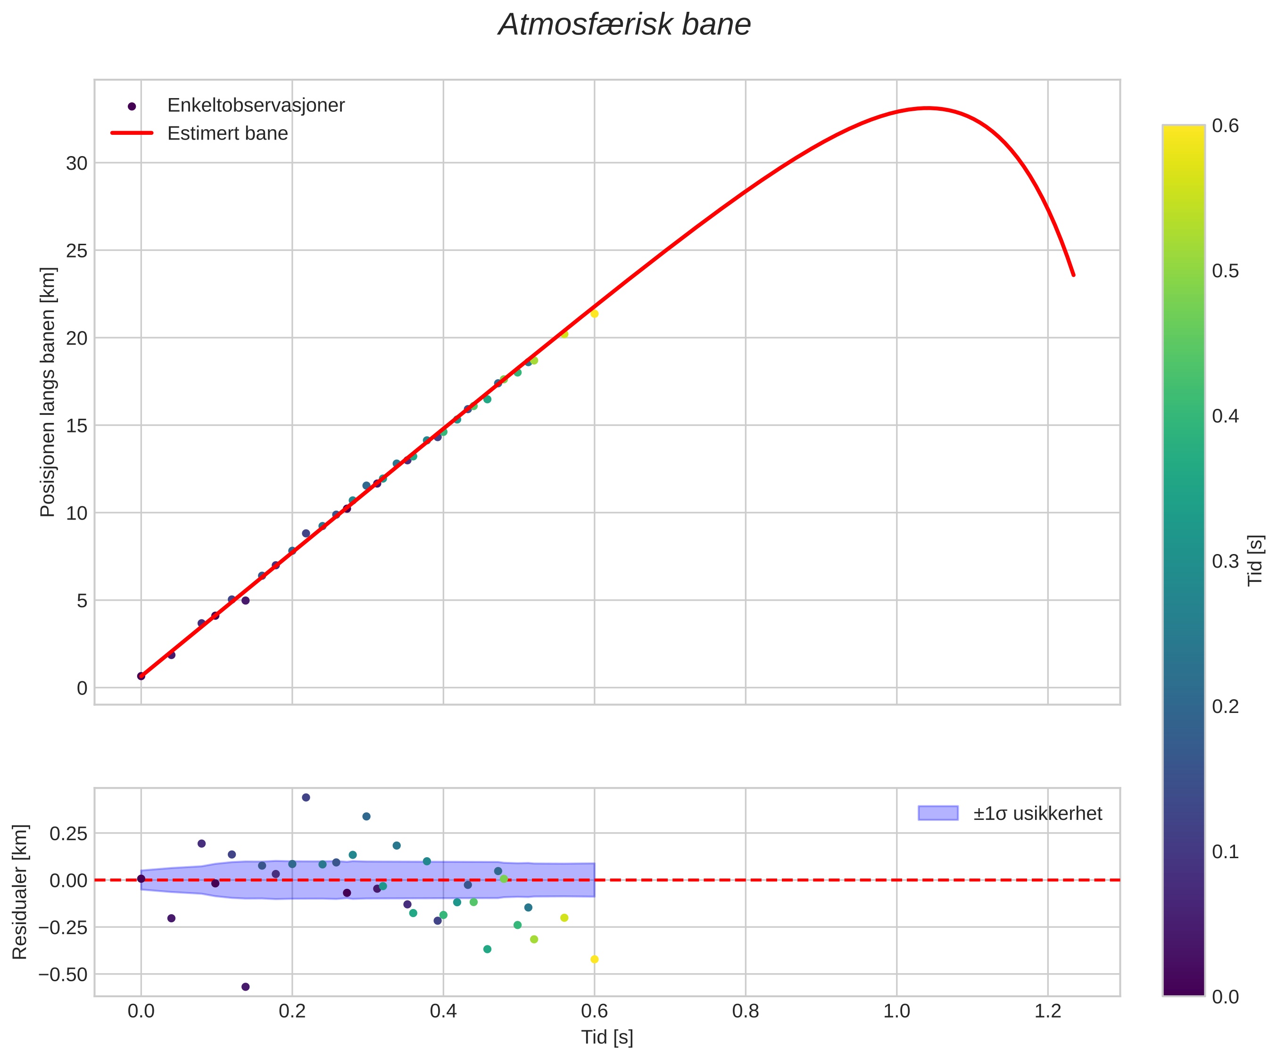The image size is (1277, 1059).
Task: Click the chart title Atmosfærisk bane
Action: pyautogui.click(x=624, y=25)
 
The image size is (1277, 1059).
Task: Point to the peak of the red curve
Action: pyautogui.click(x=927, y=108)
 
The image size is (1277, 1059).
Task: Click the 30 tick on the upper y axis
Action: pyautogui.click(x=76, y=163)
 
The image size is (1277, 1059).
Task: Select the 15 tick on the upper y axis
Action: pyautogui.click(x=76, y=426)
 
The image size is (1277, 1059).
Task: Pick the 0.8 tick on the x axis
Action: pyautogui.click(x=746, y=1011)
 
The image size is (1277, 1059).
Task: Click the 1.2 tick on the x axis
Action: pyautogui.click(x=1048, y=1011)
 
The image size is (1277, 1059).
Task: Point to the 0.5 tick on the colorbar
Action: pyautogui.click(x=1225, y=271)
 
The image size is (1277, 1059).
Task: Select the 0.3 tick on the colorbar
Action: pyautogui.click(x=1225, y=561)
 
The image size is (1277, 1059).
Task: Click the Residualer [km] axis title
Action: pyautogui.click(x=20, y=892)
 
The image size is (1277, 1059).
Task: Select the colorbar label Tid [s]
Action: pyautogui.click(x=1255, y=560)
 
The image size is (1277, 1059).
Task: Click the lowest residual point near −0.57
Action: pyautogui.click(x=246, y=987)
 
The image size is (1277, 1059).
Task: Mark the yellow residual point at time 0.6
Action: pyautogui.click(x=595, y=960)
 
